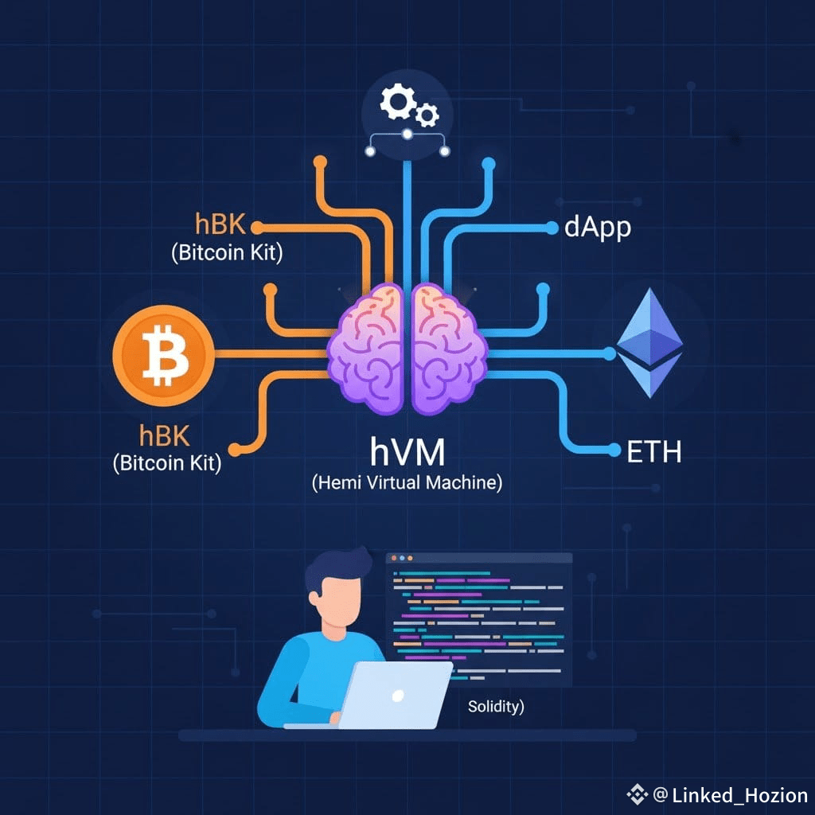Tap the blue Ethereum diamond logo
coord(650,343)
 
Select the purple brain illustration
coord(407,347)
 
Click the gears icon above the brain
coord(407,107)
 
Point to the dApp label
coord(597,228)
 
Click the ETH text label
coord(654,452)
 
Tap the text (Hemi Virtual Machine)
coord(407,482)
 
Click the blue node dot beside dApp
coord(552,228)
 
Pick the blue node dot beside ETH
coord(614,451)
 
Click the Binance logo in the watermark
coord(637,794)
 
